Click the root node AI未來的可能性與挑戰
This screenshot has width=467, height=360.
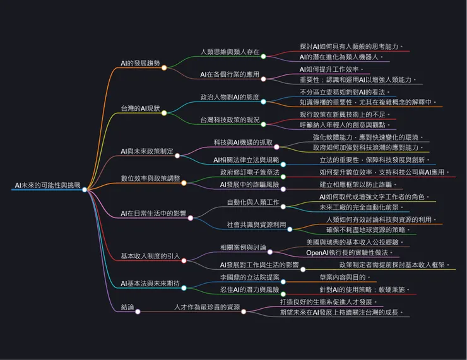click(x=47, y=186)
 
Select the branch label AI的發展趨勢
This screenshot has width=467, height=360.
click(x=140, y=63)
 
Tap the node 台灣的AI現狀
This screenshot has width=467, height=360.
click(x=140, y=108)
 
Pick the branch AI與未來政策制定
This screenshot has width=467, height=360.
click(x=147, y=152)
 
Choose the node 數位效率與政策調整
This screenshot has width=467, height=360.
click(x=150, y=178)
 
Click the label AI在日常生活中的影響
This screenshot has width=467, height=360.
click(x=153, y=214)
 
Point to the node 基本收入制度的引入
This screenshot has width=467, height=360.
click(x=150, y=256)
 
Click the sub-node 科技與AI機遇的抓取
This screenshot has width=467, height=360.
click(x=243, y=142)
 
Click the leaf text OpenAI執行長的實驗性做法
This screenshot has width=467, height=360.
click(x=351, y=252)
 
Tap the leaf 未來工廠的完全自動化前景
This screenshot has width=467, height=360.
click(x=360, y=207)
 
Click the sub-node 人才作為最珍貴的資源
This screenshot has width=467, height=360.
click(x=207, y=307)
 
